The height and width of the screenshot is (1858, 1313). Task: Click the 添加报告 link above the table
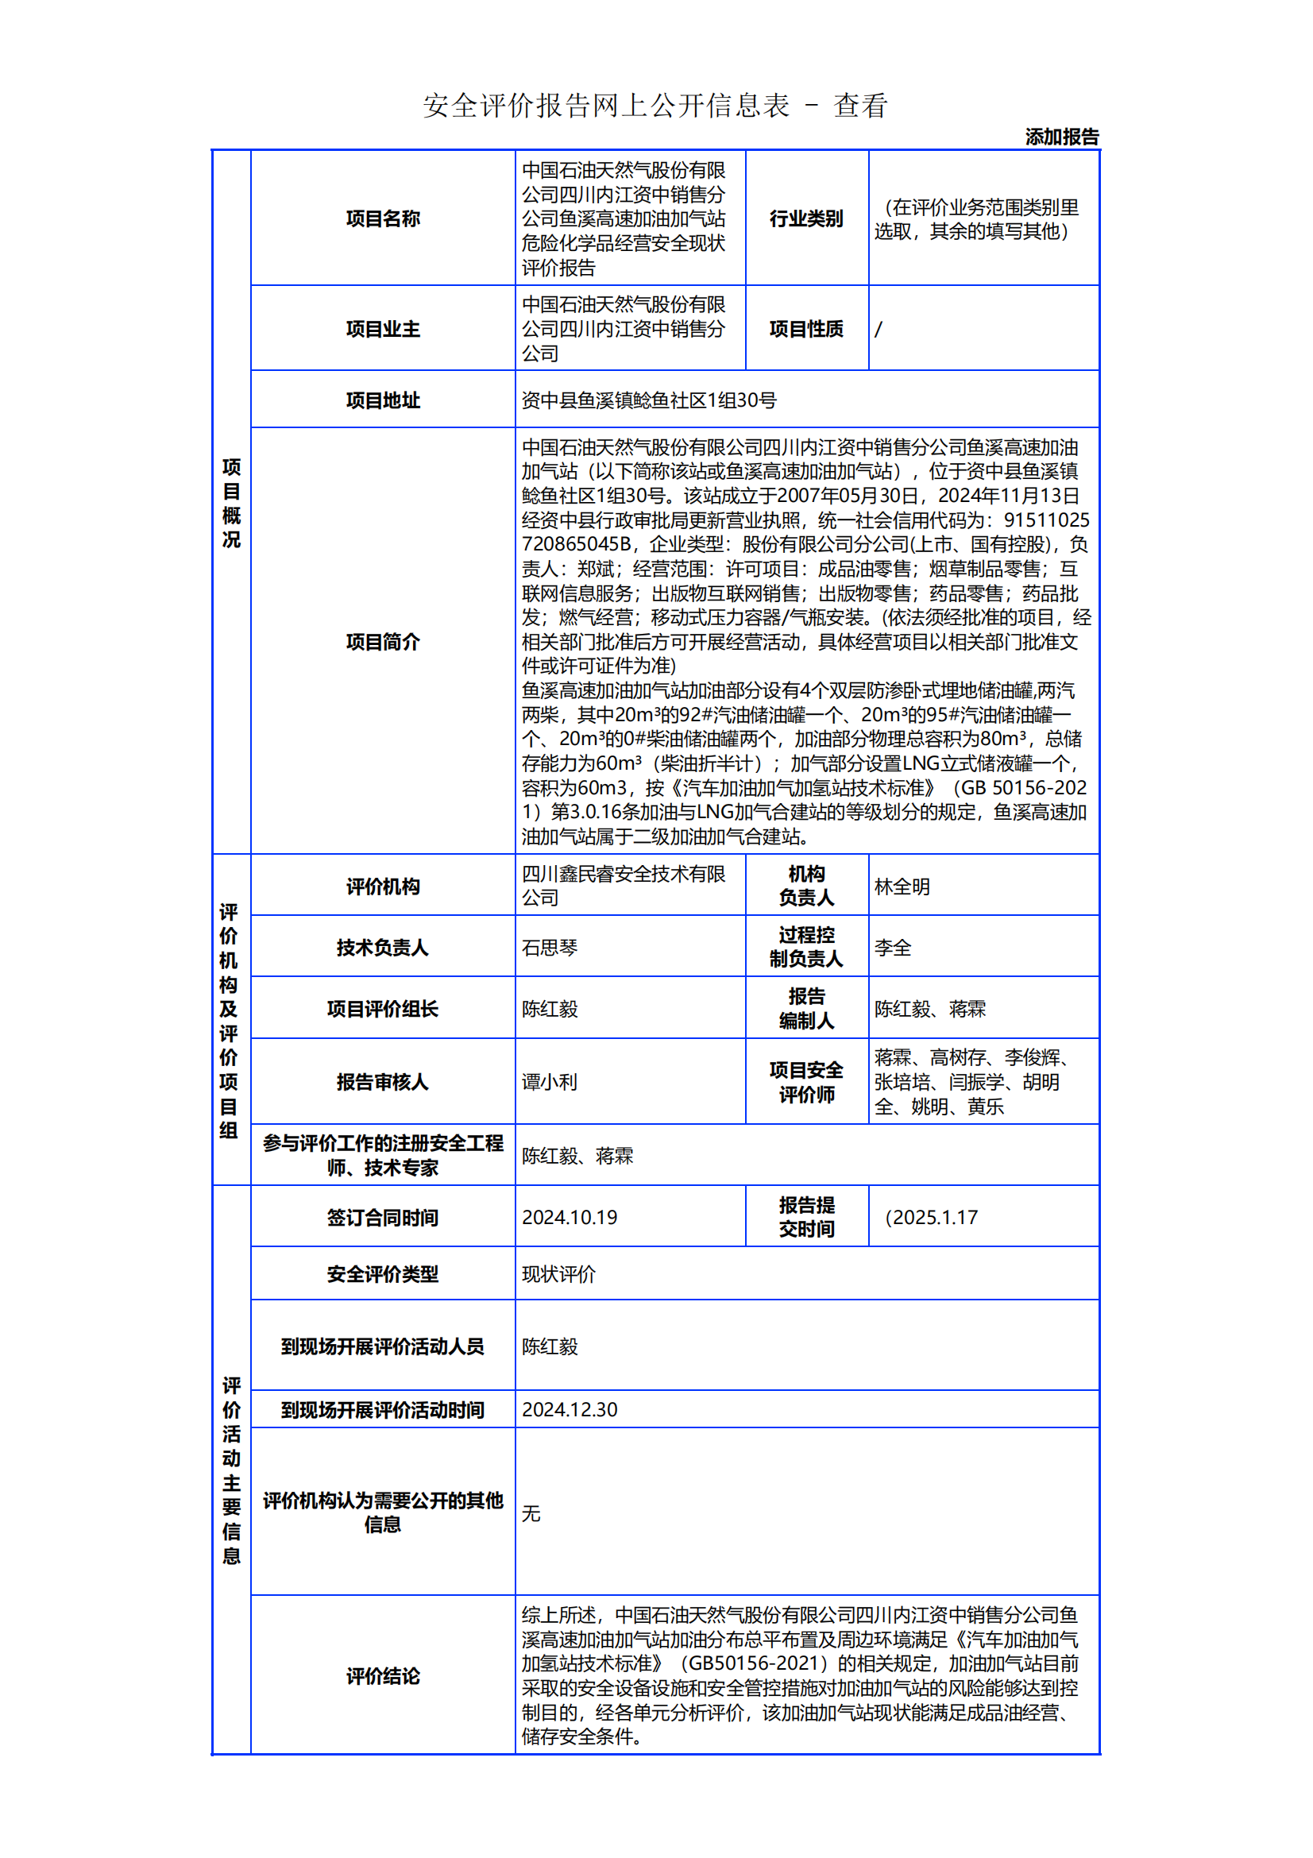click(1061, 137)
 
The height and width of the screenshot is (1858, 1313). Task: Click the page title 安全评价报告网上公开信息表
click(606, 106)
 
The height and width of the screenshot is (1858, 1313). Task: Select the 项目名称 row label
click(383, 218)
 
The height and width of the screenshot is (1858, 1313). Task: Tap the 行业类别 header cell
click(805, 218)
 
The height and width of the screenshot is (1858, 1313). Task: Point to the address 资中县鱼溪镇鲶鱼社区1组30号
click(649, 400)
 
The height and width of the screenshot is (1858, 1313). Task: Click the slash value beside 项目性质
click(879, 330)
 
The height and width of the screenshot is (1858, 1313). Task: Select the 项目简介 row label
click(383, 642)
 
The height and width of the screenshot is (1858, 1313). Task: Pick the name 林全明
click(902, 887)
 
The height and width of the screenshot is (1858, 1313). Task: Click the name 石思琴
click(550, 948)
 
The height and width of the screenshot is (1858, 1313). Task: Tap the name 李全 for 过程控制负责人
click(892, 948)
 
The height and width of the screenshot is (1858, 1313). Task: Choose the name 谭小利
click(550, 1082)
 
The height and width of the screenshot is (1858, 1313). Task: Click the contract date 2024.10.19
click(569, 1217)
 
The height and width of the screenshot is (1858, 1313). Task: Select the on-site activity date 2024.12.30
click(569, 1409)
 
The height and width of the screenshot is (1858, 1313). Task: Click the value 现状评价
click(558, 1273)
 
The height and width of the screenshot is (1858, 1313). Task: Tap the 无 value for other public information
click(531, 1512)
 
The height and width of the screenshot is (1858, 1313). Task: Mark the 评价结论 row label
click(383, 1675)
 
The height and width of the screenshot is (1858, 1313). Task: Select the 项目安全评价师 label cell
click(805, 1082)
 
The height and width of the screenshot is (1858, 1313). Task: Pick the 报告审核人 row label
click(383, 1082)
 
